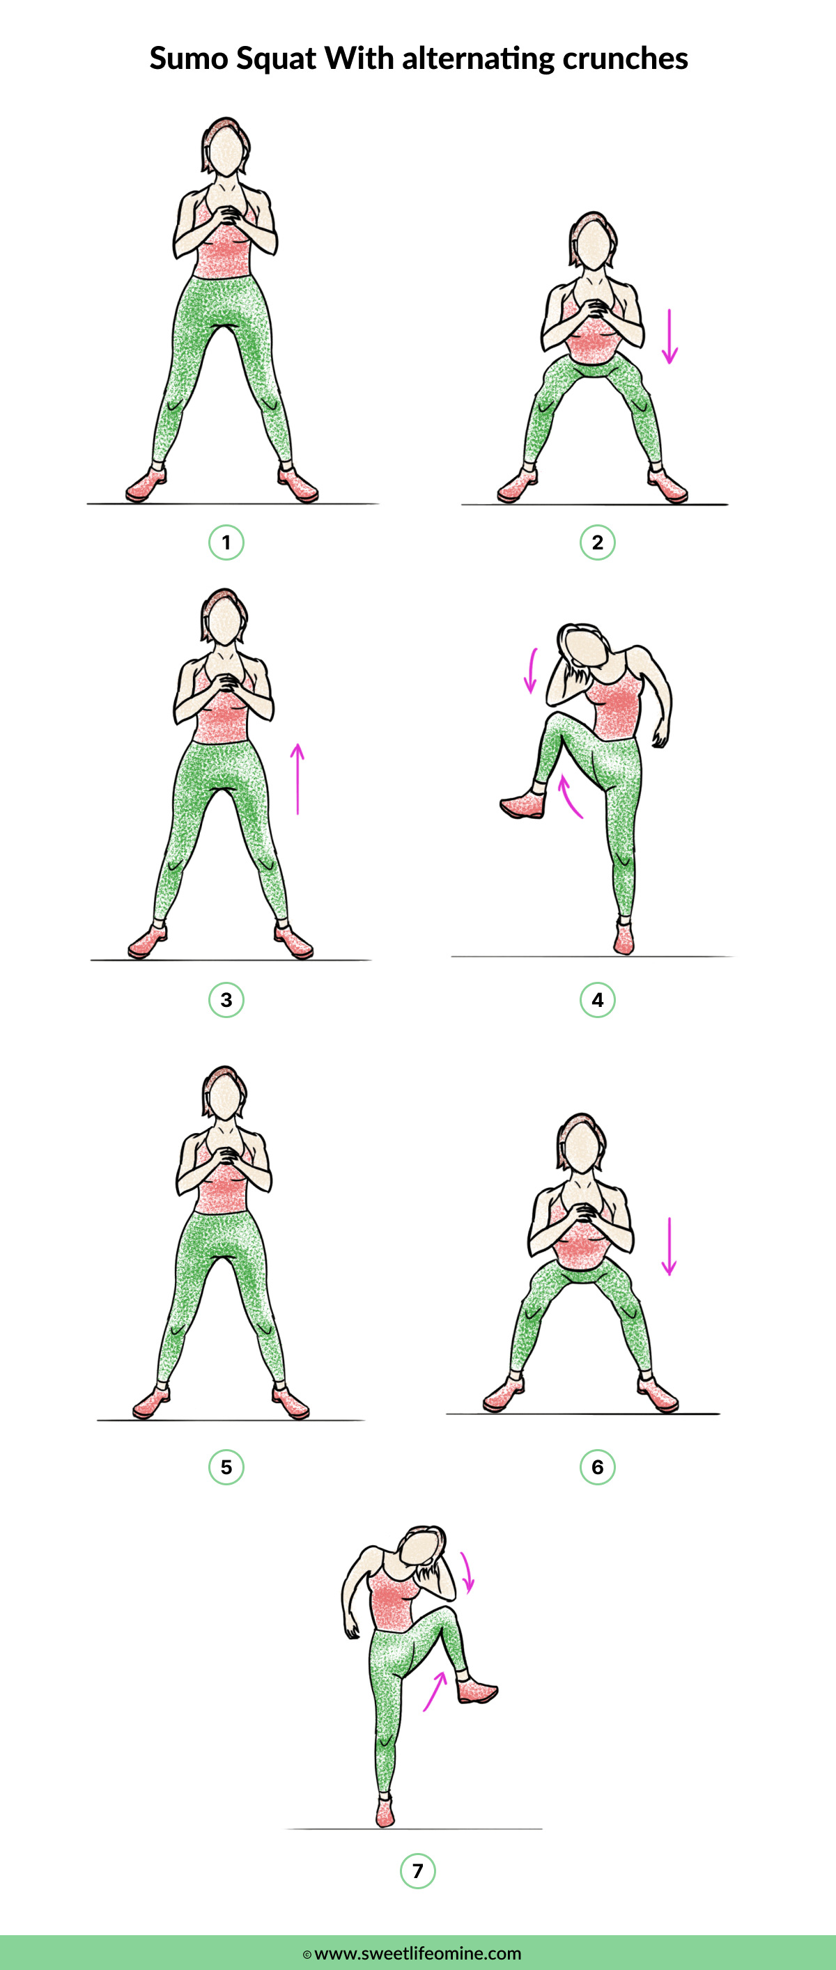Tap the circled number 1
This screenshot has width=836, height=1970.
[x=226, y=543]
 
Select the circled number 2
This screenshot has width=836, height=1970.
[x=597, y=543]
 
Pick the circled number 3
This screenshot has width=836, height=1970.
[x=226, y=999]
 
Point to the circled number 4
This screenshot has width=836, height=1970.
[x=597, y=999]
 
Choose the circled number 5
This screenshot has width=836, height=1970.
[x=226, y=1467]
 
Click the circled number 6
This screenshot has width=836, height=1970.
[x=597, y=1467]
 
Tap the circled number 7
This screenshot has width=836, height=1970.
[x=417, y=1870]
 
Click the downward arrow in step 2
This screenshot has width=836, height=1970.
[x=669, y=336]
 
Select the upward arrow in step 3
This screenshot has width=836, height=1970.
[x=297, y=779]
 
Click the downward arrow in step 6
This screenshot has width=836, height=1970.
[x=669, y=1246]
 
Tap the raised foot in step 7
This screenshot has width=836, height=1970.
[x=477, y=1689]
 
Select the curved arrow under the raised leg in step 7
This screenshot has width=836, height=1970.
[x=435, y=1690]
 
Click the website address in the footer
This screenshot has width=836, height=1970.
[x=417, y=1953]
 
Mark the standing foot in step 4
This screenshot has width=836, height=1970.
[x=624, y=939]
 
